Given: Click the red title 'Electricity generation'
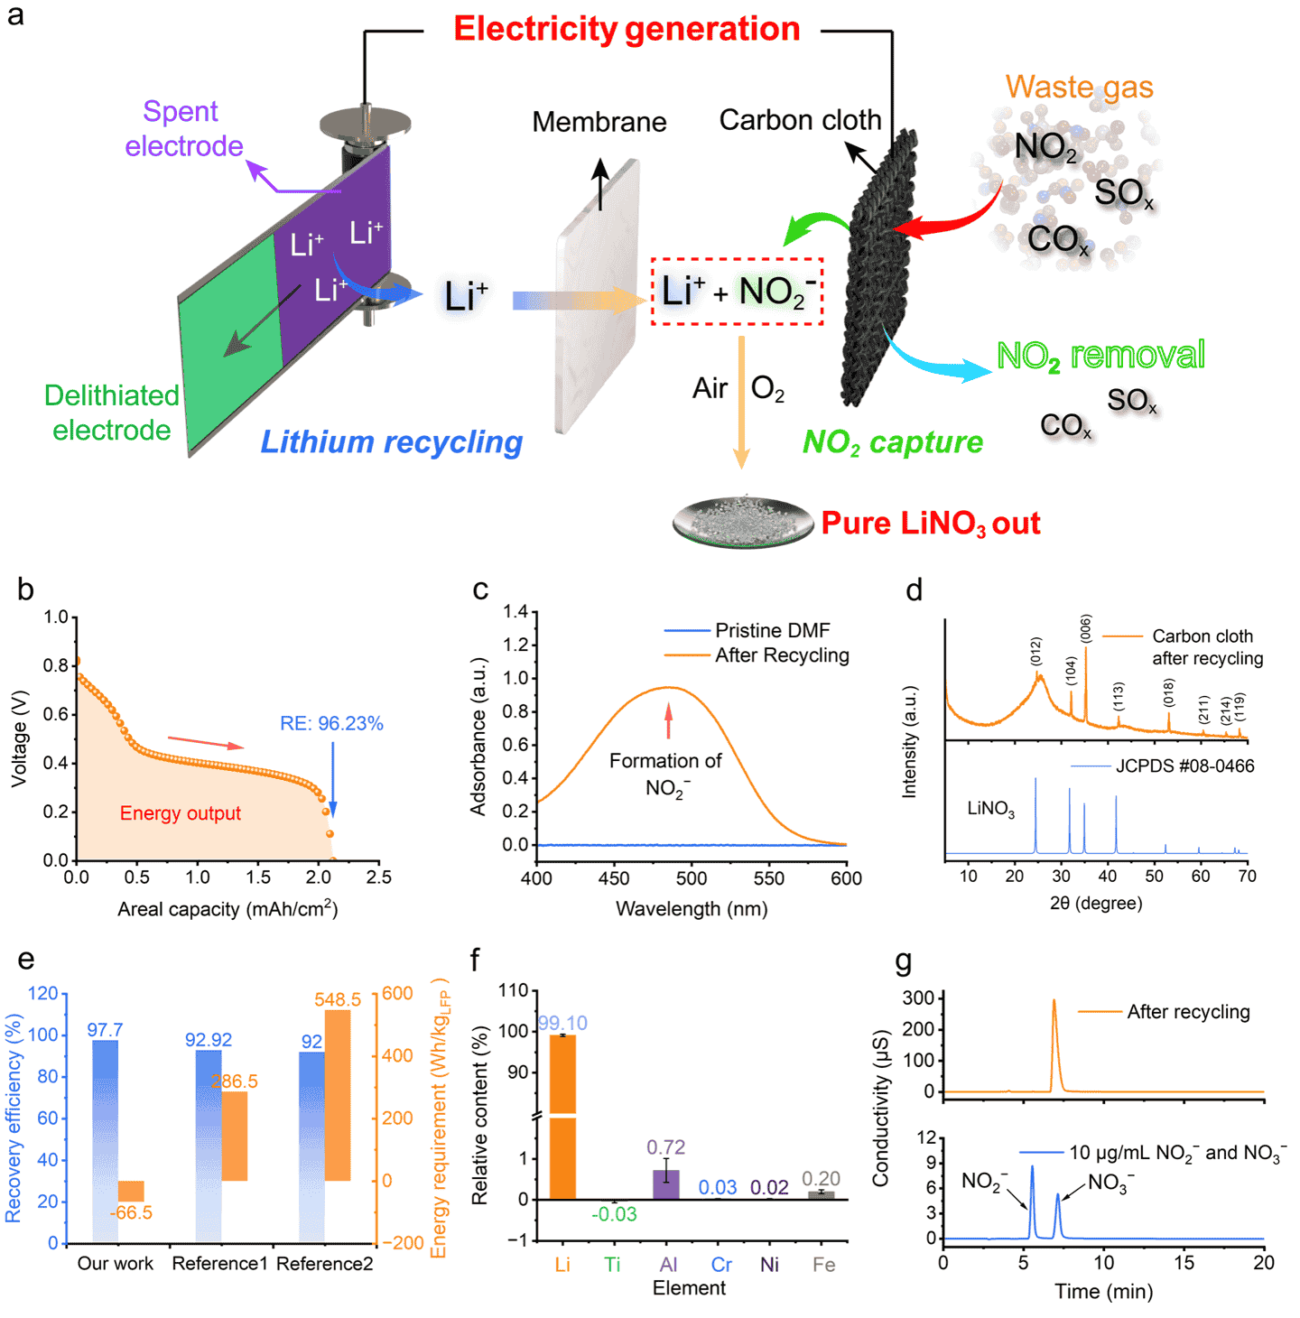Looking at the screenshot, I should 627,29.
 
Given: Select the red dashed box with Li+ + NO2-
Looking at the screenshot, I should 737,292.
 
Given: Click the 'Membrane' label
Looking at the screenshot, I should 599,122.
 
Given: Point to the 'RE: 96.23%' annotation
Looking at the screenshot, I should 331,723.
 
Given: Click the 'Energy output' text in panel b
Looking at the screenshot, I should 180,813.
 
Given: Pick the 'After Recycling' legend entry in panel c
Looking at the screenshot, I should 782,655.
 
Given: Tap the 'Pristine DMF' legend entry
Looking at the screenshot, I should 772,630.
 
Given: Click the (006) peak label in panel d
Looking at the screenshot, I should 1086,628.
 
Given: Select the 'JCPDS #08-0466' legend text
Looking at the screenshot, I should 1184,766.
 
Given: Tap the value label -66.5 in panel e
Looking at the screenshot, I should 131,1212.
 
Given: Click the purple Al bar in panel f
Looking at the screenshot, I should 666,1184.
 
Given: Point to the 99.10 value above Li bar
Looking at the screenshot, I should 562,1023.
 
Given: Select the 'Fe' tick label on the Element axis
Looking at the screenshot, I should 823,1265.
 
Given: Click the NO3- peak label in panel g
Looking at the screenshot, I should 1110,1183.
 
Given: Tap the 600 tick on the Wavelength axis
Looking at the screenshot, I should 846,878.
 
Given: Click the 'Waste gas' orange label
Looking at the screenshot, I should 1079,87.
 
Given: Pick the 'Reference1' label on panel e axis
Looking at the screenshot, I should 219,1264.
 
